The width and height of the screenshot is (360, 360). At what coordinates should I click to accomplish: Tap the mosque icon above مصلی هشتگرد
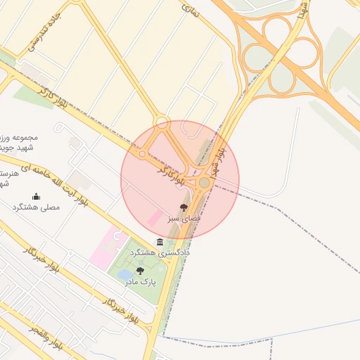click(x=36, y=196)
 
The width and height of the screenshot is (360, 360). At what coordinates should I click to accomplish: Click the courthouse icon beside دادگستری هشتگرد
click(x=160, y=242)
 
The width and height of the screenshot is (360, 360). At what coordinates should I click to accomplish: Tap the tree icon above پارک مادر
click(x=140, y=271)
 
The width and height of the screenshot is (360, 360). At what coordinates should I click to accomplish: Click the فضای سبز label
click(x=184, y=219)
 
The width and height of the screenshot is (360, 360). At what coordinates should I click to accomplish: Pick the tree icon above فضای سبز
click(x=184, y=207)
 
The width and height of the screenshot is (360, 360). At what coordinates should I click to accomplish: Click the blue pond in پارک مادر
click(x=124, y=274)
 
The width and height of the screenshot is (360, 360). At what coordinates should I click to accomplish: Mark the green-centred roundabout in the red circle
click(x=204, y=183)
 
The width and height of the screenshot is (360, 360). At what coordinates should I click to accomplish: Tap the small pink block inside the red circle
click(x=153, y=219)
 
